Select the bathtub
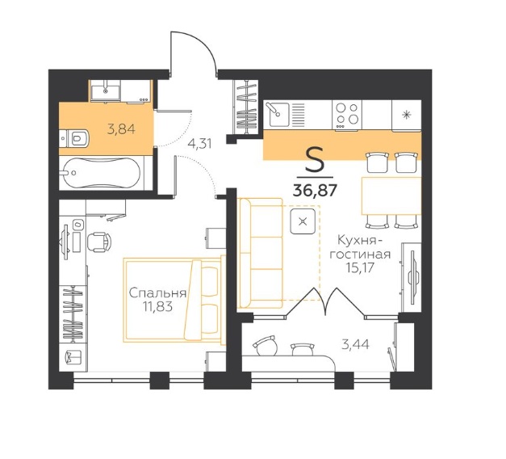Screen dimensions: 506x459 (x=102, y=173)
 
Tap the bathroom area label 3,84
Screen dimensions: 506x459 (x=121, y=129)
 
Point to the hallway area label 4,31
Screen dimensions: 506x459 (x=200, y=144)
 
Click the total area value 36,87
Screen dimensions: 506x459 (x=315, y=191)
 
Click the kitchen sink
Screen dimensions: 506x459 (x=277, y=114)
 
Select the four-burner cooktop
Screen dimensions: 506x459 (x=347, y=115)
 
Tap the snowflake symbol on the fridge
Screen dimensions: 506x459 (x=406, y=115)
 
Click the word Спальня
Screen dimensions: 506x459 (x=157, y=293)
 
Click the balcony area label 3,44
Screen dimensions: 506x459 (x=356, y=344)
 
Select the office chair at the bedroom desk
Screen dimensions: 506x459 (x=98, y=242)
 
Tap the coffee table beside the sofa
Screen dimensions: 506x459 (x=303, y=221)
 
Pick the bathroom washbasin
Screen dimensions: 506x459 (x=105, y=90)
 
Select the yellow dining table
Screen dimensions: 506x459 (x=391, y=196)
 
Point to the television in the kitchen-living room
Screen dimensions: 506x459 (x=412, y=277)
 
